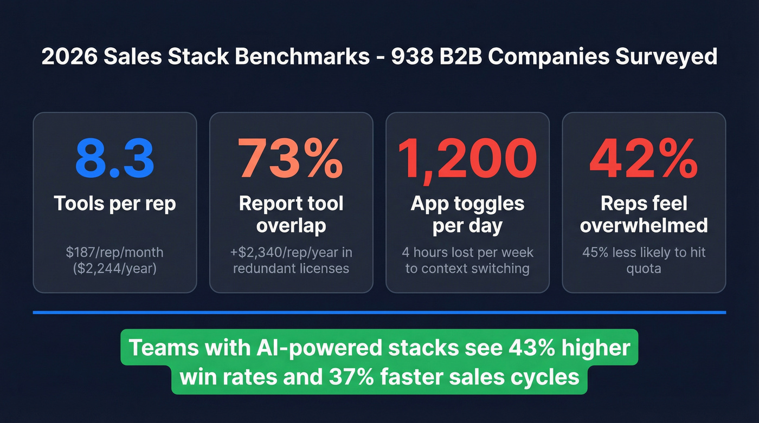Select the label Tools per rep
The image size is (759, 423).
[x=114, y=204]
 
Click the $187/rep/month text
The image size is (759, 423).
[x=114, y=252]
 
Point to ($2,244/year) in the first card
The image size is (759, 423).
[x=114, y=268]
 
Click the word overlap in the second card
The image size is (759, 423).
[x=291, y=225]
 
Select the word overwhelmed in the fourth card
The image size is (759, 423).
[x=644, y=225]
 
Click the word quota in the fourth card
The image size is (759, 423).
[x=644, y=268]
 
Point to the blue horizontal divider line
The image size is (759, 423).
[x=379, y=313]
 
